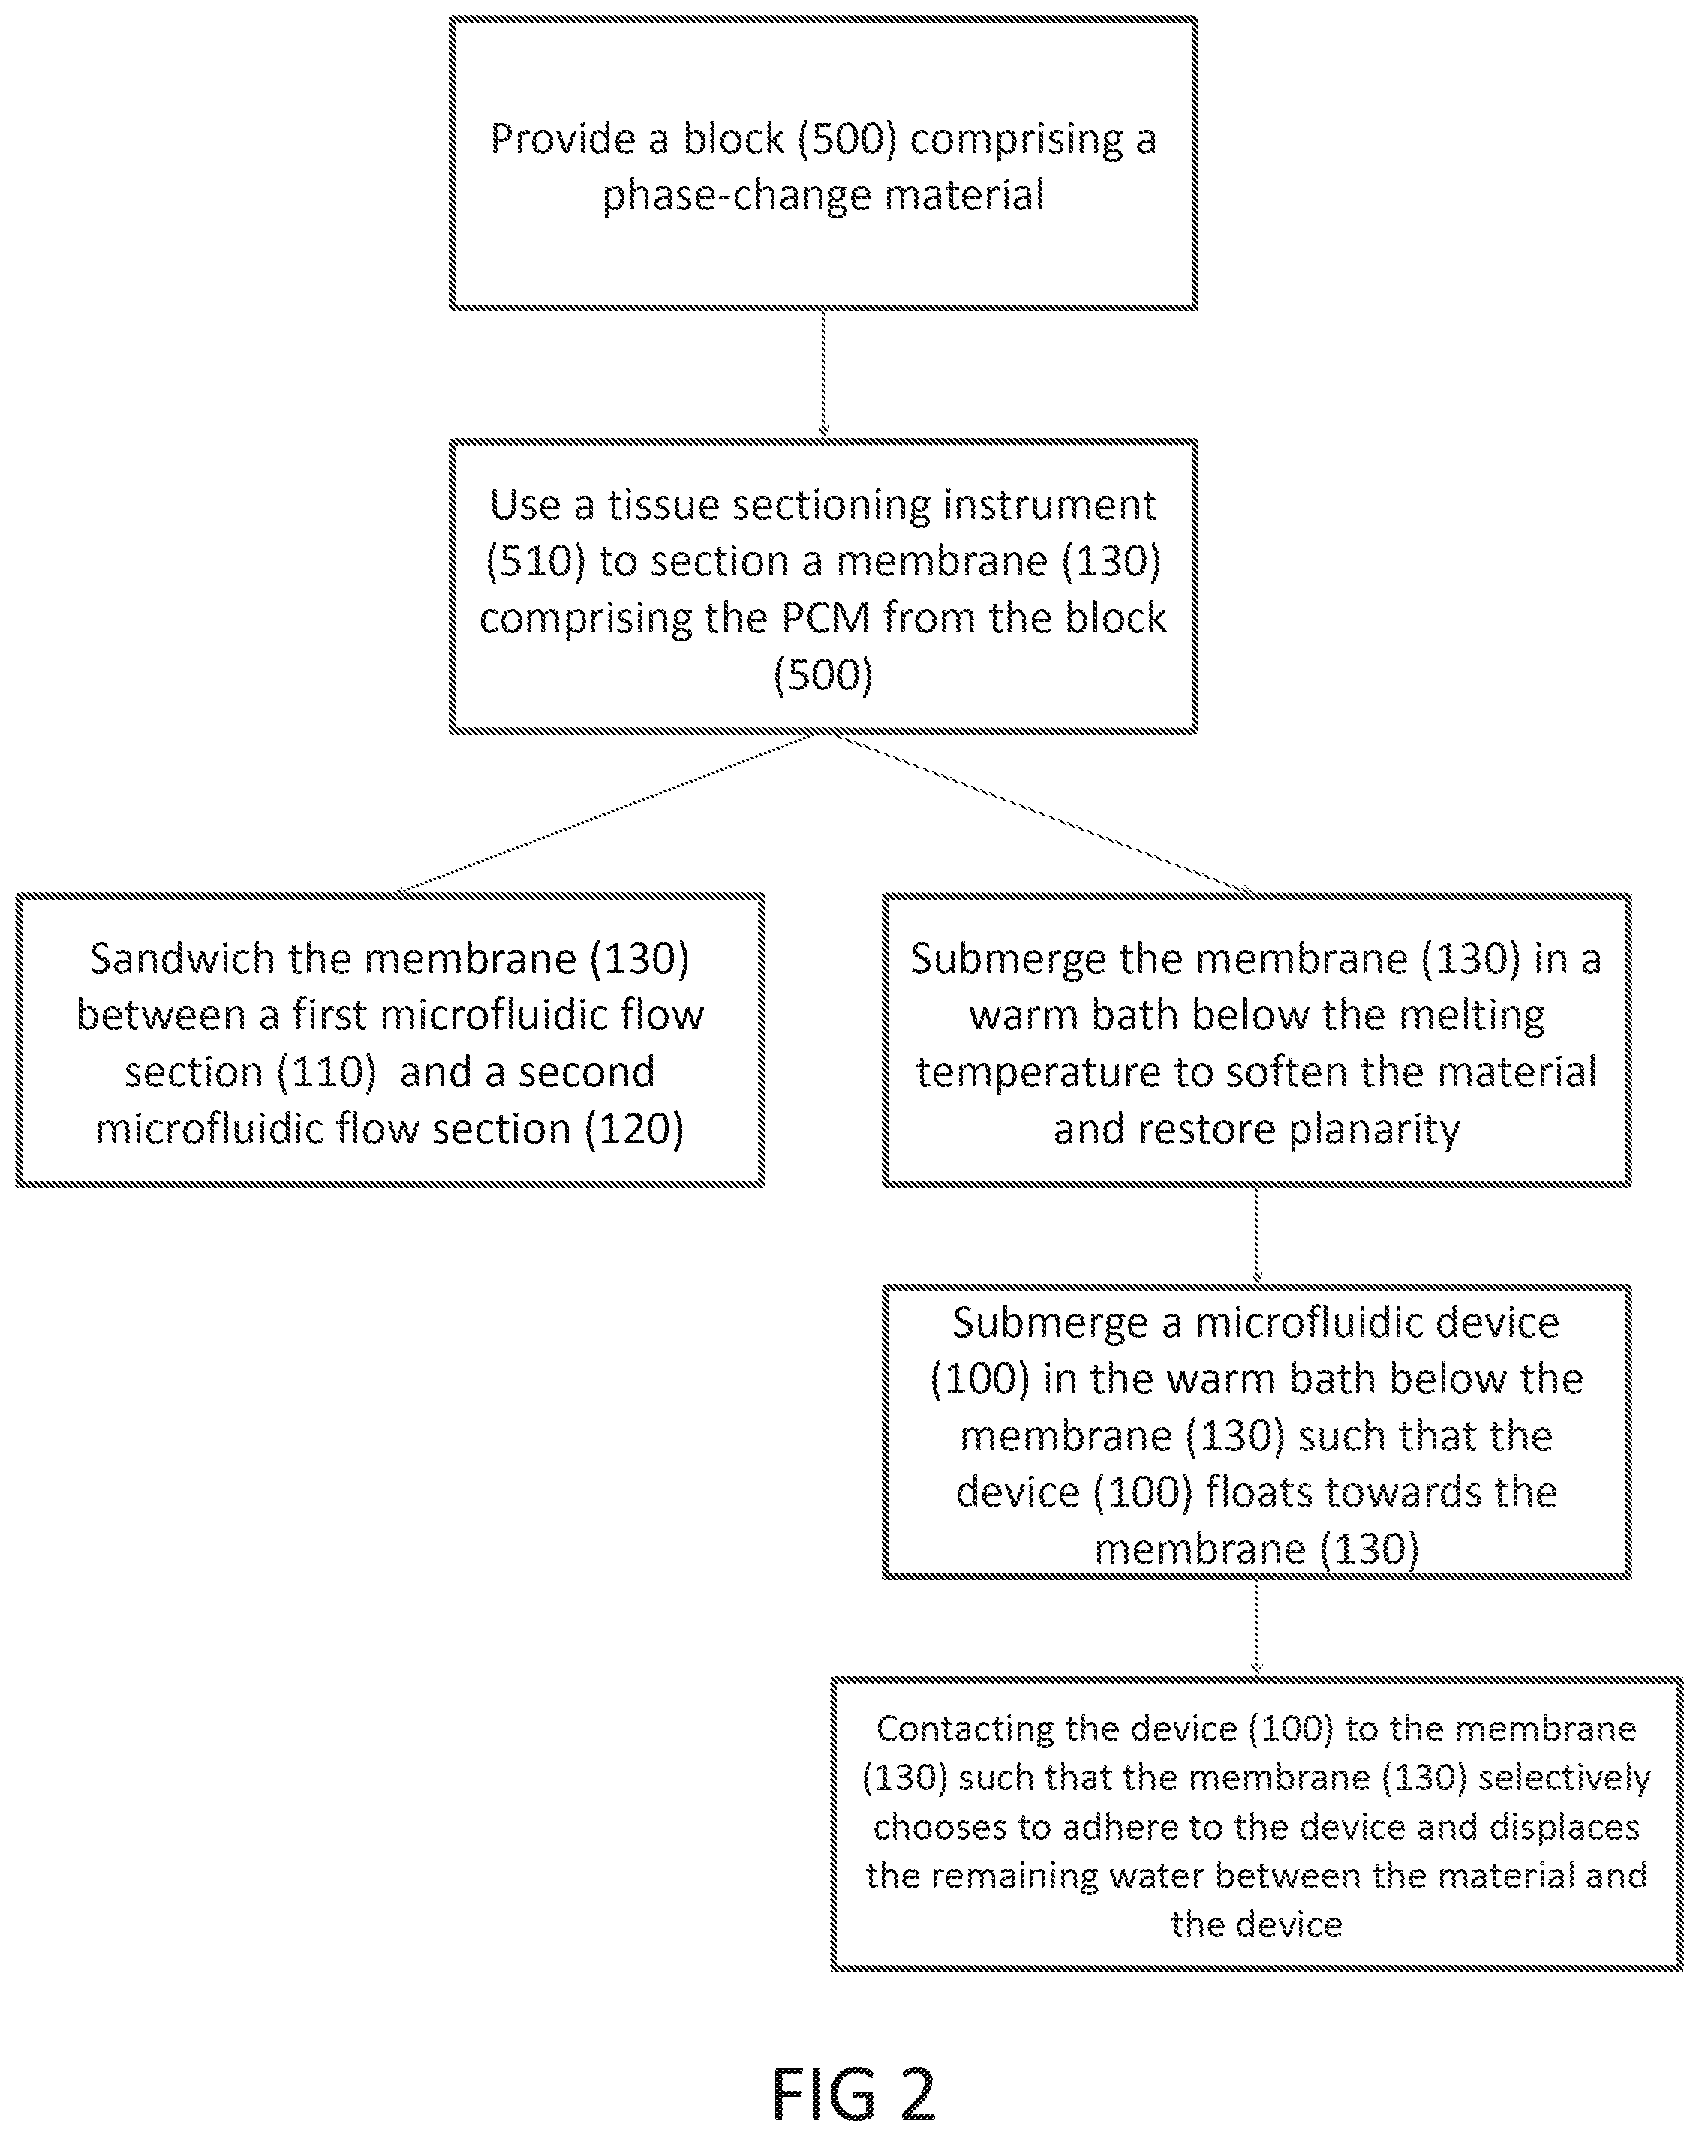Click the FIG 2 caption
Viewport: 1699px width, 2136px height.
click(x=853, y=2092)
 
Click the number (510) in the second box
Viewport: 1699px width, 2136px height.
click(x=535, y=562)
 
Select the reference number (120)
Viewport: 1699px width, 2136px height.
click(x=634, y=1128)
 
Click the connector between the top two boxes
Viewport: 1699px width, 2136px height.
click(x=823, y=374)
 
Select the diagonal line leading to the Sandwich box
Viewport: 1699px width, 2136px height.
click(x=604, y=813)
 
